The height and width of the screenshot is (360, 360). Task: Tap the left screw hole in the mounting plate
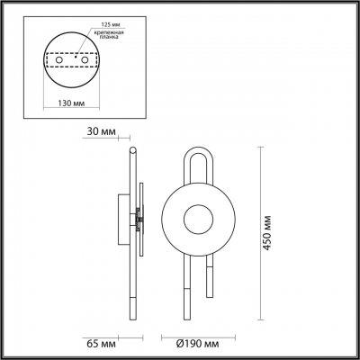(x=61, y=67)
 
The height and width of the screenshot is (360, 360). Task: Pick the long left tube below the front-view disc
(x=183, y=288)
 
